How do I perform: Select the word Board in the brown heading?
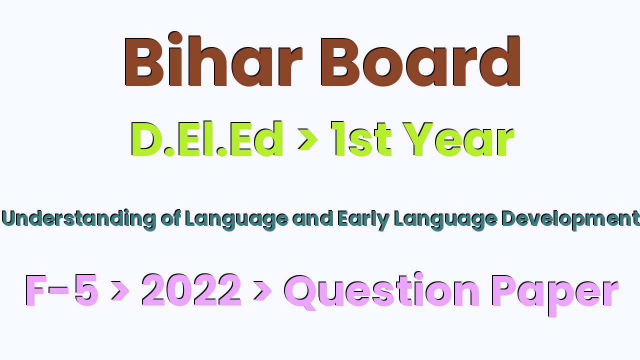pos(421,61)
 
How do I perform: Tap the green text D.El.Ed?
pos(207,139)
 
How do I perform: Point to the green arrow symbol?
pos(307,139)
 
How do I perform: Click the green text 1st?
pos(361,139)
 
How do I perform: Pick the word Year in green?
pos(458,139)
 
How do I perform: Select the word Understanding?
pos(79,219)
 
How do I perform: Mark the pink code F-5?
pos(62,290)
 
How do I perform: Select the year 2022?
pos(191,289)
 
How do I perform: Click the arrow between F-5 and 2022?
pos(120,291)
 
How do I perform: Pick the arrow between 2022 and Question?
pos(262,291)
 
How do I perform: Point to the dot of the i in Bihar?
pos(175,38)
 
